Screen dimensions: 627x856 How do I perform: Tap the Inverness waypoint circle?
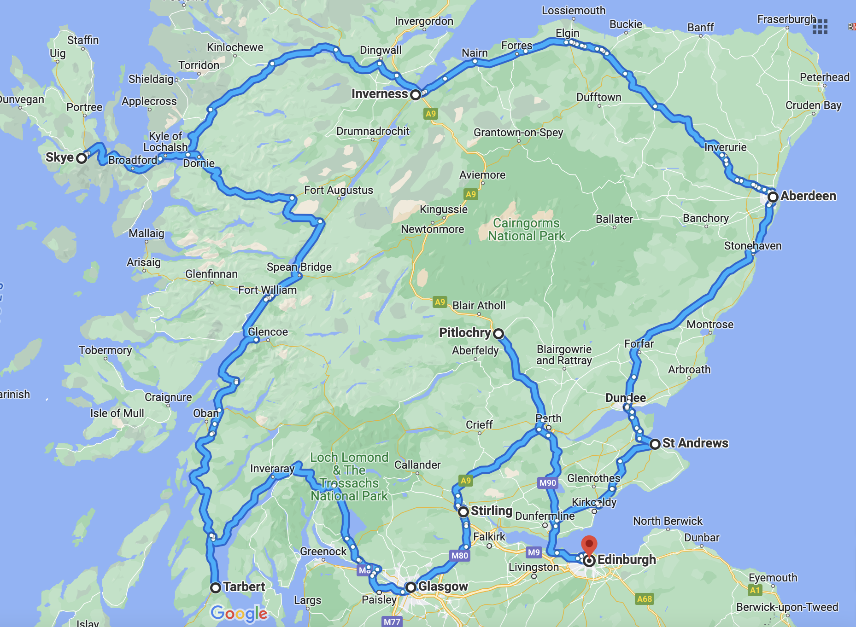point(416,95)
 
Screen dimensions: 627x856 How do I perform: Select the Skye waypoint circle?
point(82,158)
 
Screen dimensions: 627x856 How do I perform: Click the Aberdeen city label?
point(808,196)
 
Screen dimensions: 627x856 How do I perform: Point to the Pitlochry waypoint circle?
point(498,333)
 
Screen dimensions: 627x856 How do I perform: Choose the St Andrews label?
point(695,443)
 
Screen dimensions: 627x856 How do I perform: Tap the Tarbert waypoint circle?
point(215,588)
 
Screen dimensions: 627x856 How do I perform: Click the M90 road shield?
point(548,483)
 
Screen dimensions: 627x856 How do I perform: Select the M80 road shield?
point(460,556)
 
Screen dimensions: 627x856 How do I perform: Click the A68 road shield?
point(644,599)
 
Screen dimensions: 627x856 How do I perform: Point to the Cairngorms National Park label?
point(526,229)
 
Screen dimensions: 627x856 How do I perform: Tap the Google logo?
point(239,613)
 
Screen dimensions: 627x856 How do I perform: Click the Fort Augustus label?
point(339,190)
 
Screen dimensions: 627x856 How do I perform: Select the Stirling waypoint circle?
point(463,512)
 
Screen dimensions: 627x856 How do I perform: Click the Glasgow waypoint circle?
point(410,587)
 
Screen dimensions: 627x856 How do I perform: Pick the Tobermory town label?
point(105,350)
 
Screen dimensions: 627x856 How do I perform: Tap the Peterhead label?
point(824,77)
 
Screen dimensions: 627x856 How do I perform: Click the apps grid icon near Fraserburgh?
point(820,27)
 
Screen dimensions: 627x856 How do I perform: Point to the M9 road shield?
point(534,552)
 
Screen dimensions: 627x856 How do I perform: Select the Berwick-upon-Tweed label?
point(787,607)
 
